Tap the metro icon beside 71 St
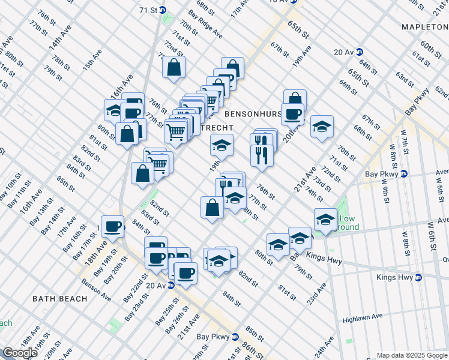click(x=170, y=11)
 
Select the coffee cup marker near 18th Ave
click(x=112, y=226)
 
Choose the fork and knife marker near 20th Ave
click(x=262, y=155)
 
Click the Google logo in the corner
click(x=20, y=353)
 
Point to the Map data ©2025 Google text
click(x=411, y=355)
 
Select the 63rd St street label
click(x=405, y=79)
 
